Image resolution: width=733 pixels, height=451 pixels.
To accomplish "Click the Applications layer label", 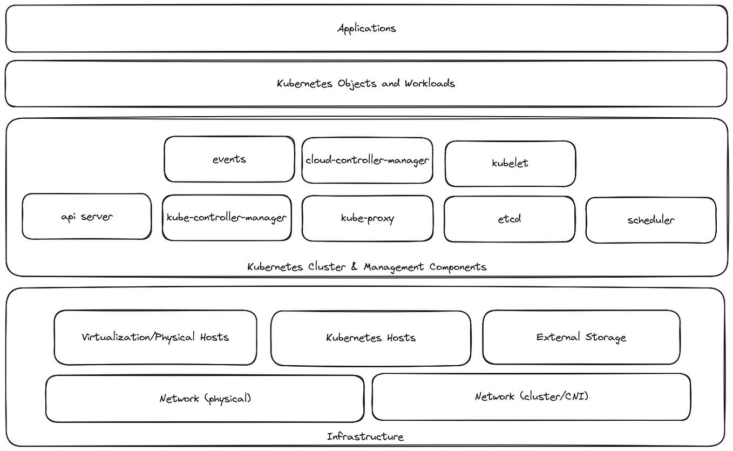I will point(366,28).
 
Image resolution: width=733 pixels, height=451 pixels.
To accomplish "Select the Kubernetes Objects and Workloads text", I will point(366,83).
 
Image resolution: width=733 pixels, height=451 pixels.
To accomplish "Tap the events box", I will point(229,159).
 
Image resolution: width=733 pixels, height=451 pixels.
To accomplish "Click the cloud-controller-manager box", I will point(367,160).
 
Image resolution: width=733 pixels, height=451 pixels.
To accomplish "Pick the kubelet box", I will point(510,163).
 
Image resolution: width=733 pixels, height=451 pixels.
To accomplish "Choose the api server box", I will point(87,217).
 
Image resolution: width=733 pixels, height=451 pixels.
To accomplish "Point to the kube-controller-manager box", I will point(227,218).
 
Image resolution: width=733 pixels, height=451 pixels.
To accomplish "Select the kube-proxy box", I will point(368,218).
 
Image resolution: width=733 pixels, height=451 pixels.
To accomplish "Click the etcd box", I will point(510,219).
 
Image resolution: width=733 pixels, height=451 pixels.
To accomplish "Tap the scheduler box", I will point(651,220).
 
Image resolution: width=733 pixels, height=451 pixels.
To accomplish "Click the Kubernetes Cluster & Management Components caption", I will point(366,267).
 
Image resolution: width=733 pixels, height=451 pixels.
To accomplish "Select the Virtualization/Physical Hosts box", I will point(155,337).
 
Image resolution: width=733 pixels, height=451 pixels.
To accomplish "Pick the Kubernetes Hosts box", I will point(371,338).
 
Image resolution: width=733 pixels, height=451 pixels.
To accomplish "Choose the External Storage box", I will point(581,337).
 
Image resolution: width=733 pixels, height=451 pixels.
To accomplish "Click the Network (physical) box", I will point(205,399).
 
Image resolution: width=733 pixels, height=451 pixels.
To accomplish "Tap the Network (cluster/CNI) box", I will point(531,396).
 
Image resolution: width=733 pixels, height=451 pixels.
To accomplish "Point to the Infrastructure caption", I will point(365,436).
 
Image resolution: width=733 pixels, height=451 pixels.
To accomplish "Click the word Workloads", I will point(430,83).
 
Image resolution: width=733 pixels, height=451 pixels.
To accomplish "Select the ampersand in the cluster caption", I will point(355,267).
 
